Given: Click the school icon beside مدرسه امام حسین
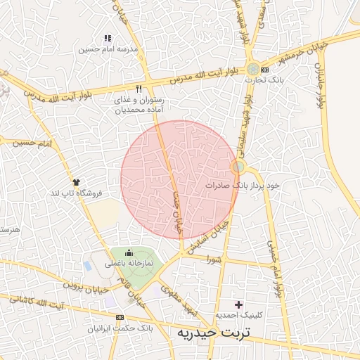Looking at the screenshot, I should (107, 38).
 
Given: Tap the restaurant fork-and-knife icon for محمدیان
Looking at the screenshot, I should (139, 89).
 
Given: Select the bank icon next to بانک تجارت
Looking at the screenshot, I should (264, 70).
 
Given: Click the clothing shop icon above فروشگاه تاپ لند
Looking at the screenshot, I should (76, 181).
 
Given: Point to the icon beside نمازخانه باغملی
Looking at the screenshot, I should (128, 253).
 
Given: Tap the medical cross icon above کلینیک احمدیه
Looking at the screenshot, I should (239, 304).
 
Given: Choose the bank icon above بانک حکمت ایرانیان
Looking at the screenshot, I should (128, 317).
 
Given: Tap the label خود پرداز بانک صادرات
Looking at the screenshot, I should (243, 185).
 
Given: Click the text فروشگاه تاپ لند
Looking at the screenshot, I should (75, 192).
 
